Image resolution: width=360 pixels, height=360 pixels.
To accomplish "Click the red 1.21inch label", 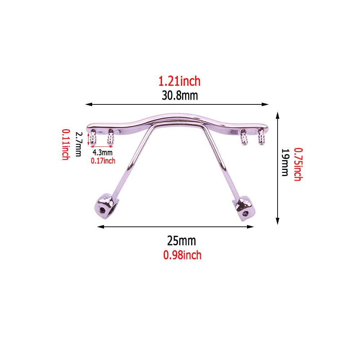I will click(179, 81).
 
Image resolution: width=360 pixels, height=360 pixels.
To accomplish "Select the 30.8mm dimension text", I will click(179, 96).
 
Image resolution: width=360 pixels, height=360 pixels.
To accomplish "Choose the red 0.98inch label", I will click(182, 255).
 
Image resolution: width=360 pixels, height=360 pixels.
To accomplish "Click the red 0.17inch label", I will click(103, 161).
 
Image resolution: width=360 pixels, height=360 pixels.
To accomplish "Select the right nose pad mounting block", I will click(244, 207).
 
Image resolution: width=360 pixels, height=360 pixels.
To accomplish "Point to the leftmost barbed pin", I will click(94, 137).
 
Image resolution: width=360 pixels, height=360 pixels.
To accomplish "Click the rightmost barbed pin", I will click(261, 137).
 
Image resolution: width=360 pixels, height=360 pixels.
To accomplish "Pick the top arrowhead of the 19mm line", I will click(278, 114).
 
